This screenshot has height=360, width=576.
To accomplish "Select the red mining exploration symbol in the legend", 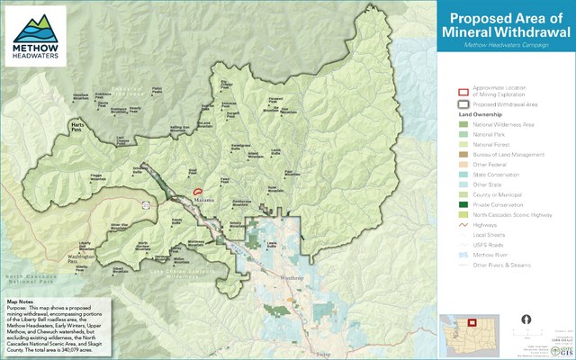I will [463, 92].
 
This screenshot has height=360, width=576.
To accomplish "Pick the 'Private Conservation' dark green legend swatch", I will [463, 205].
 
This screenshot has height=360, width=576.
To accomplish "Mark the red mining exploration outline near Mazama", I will [197, 192].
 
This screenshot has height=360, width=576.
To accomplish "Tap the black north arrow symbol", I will [526, 319].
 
